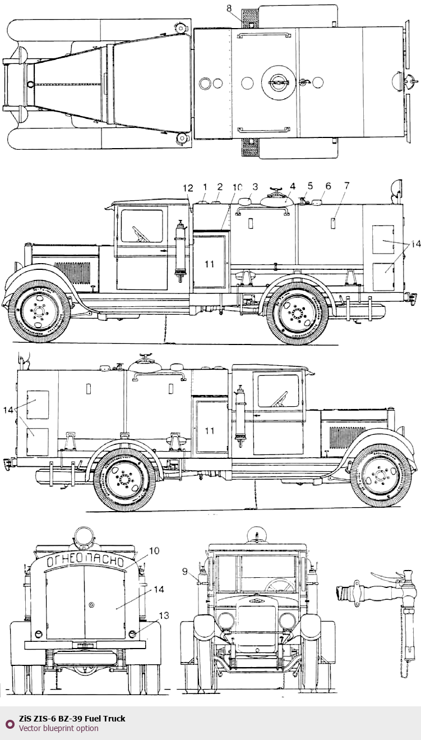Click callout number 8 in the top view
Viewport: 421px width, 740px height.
click(229, 8)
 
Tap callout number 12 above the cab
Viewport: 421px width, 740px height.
click(188, 188)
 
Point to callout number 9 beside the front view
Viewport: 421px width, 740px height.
click(185, 571)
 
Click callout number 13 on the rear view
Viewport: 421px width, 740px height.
click(164, 615)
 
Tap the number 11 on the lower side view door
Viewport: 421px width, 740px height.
click(209, 431)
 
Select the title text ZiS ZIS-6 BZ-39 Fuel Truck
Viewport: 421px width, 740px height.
click(72, 719)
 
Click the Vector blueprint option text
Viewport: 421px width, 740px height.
click(58, 728)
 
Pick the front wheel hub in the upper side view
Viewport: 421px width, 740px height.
click(39, 311)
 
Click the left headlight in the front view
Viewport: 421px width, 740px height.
click(226, 621)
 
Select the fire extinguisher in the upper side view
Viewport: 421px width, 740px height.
click(181, 251)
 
